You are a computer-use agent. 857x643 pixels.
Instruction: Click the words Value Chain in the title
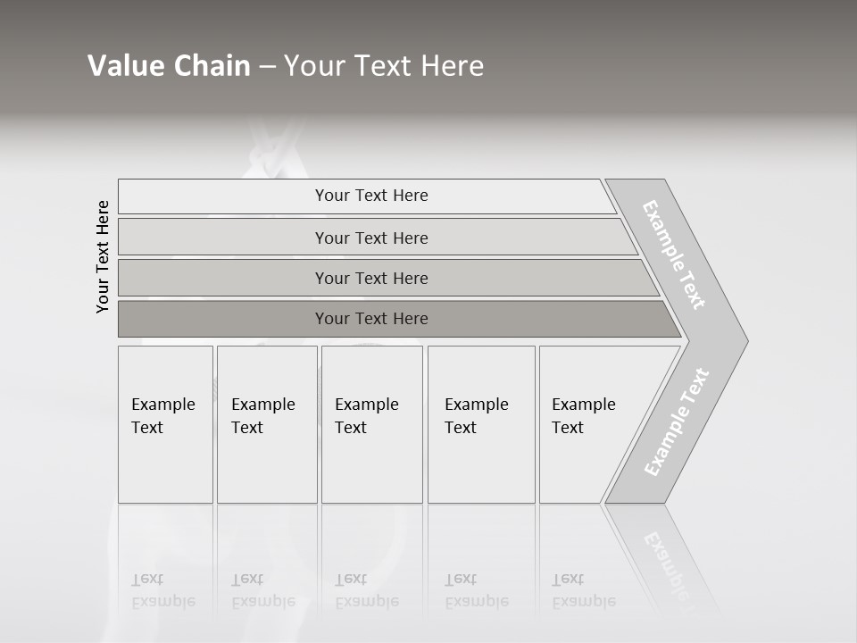(x=169, y=66)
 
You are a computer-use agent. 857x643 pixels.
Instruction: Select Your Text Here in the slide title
(x=384, y=66)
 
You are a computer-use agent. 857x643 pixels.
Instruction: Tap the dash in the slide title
(x=267, y=67)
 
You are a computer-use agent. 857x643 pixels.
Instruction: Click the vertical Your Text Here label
(x=103, y=256)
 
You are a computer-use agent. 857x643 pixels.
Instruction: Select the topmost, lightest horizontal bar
(x=370, y=196)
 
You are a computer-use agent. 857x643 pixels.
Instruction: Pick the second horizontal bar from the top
(x=370, y=238)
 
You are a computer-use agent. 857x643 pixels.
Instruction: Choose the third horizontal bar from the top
(x=370, y=278)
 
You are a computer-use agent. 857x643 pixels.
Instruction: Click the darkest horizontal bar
(x=370, y=319)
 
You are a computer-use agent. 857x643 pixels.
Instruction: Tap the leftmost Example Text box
(x=164, y=424)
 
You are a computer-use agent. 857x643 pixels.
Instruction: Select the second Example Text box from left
(x=266, y=424)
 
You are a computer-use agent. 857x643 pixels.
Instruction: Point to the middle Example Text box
(x=371, y=424)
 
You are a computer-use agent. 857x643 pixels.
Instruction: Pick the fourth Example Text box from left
(x=480, y=424)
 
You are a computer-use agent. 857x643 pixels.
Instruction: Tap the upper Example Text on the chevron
(x=675, y=255)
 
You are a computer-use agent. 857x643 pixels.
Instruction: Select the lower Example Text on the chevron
(x=677, y=422)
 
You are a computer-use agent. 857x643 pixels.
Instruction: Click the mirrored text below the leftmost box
(x=163, y=591)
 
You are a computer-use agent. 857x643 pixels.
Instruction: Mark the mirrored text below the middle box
(x=367, y=591)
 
